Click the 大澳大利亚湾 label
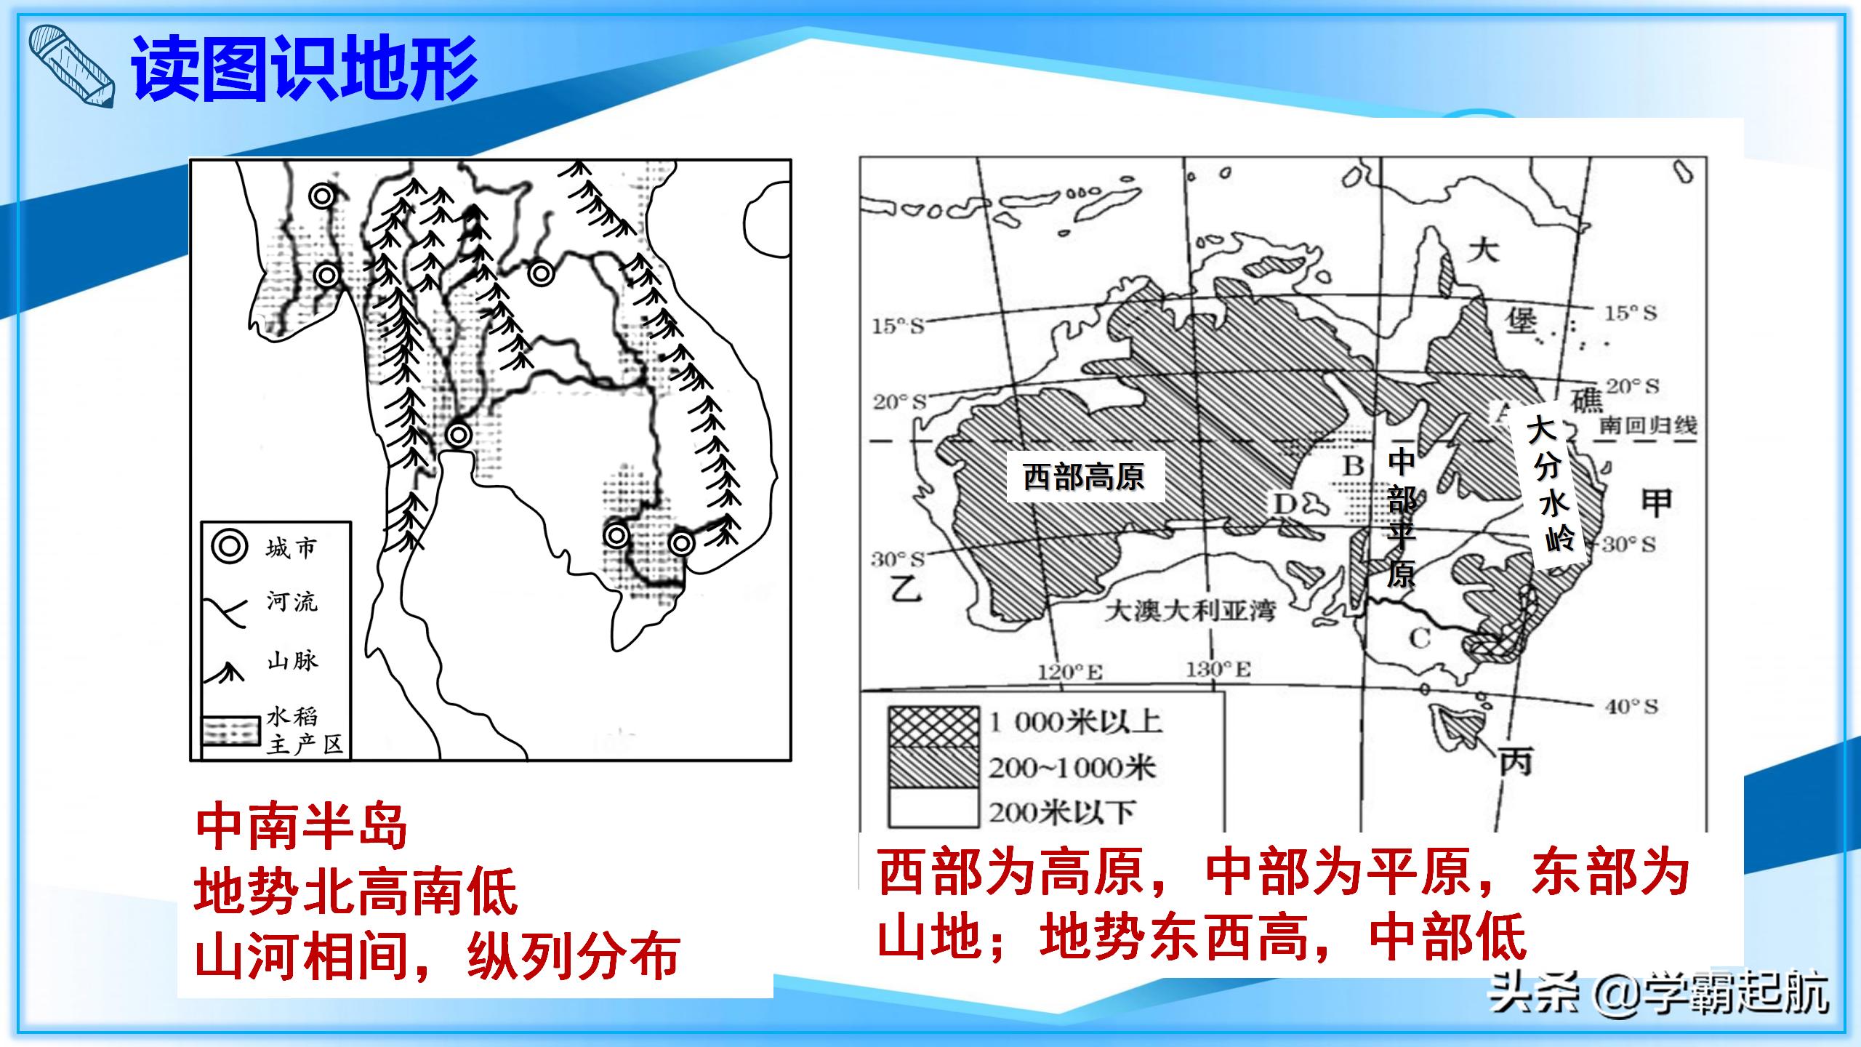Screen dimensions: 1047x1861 click(1190, 611)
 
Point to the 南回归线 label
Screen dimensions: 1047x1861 click(1648, 425)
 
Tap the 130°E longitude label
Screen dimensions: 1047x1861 click(1218, 669)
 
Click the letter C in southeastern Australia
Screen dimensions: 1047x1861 click(1419, 639)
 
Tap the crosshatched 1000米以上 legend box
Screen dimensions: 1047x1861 click(933, 727)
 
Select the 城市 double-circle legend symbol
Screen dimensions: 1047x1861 click(230, 547)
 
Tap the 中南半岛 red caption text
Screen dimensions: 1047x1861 click(301, 827)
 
